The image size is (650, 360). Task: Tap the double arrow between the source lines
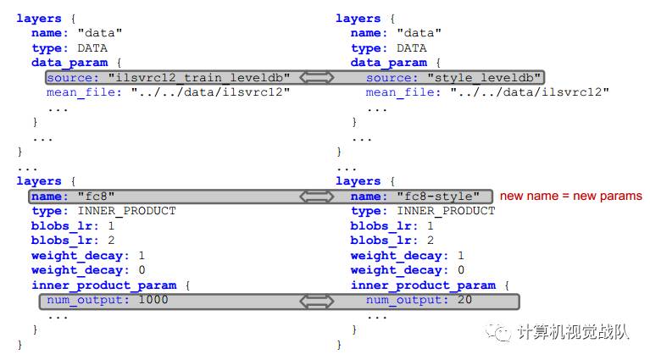(318, 77)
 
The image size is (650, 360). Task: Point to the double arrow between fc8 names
(318, 197)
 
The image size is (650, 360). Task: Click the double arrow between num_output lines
(318, 301)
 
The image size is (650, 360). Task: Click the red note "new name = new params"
(570, 197)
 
